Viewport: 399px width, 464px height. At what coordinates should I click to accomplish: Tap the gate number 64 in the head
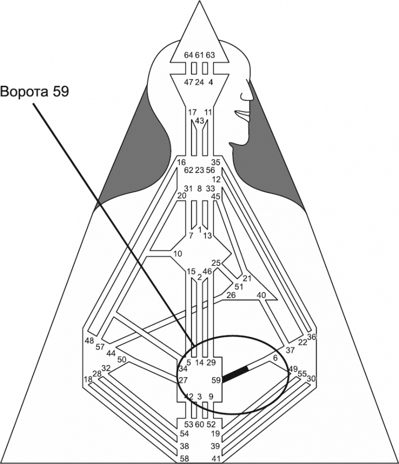tap(188, 54)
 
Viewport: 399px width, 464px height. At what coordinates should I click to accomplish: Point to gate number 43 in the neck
tap(199, 121)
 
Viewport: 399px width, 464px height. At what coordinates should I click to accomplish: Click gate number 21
tap(247, 278)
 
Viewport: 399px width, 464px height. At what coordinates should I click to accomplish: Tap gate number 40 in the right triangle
tap(262, 296)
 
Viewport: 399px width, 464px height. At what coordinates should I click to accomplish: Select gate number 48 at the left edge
tap(89, 340)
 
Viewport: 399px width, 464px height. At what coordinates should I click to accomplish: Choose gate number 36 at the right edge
tap(312, 337)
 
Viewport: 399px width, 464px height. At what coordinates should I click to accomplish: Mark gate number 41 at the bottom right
tap(216, 458)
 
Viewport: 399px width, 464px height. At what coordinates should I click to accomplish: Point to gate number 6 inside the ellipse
tap(275, 358)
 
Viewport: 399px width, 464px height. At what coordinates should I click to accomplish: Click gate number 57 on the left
tap(99, 347)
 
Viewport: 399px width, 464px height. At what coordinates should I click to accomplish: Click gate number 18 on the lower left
tap(88, 379)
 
